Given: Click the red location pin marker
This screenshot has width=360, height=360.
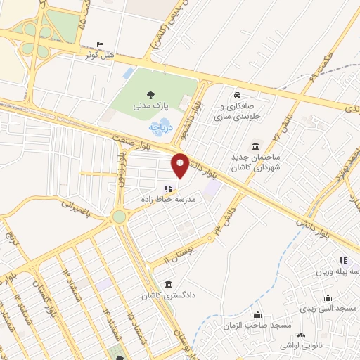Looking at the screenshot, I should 181,165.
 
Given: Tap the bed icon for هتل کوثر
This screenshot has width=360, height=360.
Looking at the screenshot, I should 98,45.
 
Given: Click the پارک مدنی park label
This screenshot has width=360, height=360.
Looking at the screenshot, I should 148,106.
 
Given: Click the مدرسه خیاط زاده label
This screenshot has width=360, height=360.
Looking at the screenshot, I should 167,200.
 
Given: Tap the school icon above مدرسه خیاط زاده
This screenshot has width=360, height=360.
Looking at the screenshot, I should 167,188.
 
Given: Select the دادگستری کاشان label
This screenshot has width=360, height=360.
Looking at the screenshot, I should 169,296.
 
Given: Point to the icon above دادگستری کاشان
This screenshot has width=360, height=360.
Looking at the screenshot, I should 169,284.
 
